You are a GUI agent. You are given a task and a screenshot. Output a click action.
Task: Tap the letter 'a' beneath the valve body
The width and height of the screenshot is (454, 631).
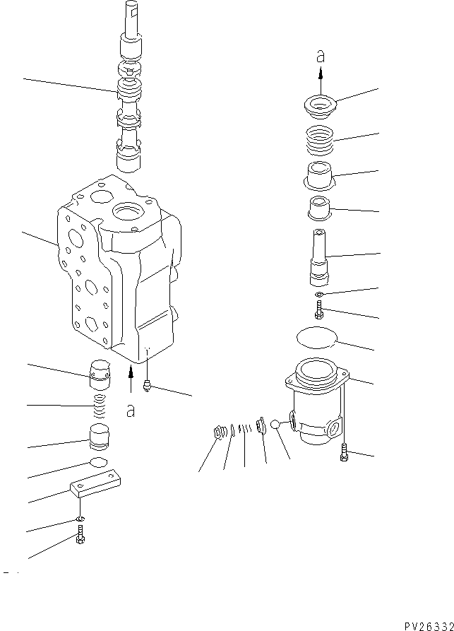tap(130, 411)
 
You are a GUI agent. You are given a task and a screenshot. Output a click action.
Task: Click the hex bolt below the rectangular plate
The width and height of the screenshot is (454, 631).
tap(80, 540)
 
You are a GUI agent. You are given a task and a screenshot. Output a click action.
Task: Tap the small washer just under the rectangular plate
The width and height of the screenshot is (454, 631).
tap(80, 521)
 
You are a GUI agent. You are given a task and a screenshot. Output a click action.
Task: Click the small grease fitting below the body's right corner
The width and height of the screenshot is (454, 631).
tap(146, 385)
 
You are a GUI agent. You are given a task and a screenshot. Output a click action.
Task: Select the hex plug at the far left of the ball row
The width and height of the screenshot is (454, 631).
tap(219, 432)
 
